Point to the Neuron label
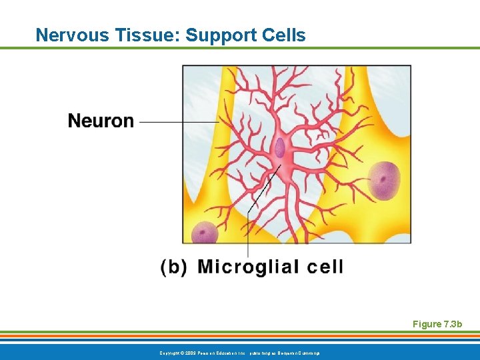click(x=101, y=121)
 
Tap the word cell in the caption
click(x=325, y=267)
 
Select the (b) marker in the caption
click(x=174, y=267)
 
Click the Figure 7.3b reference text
click(x=437, y=324)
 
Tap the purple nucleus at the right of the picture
click(x=384, y=180)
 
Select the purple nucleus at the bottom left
click(x=205, y=233)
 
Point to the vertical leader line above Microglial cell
click(x=248, y=233)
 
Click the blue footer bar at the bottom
click(x=400, y=351)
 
